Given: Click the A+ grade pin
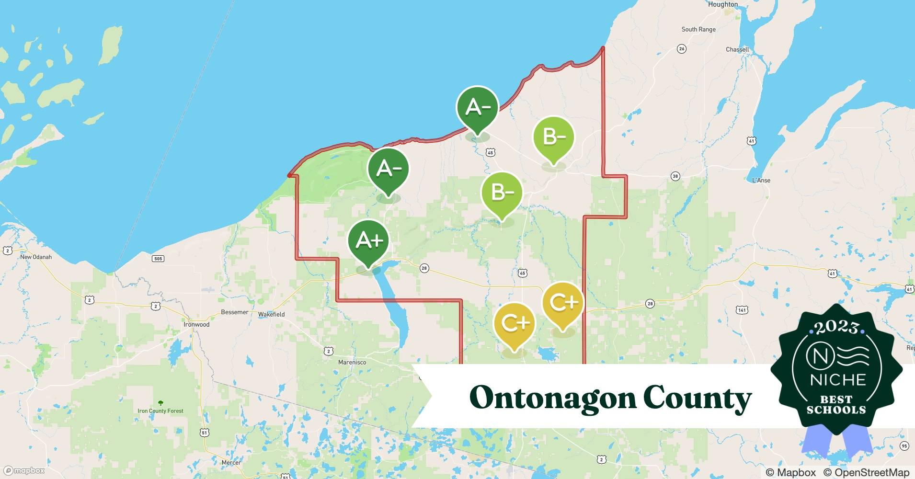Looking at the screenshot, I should point(368,241).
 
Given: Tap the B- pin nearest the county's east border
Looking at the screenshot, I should point(554,138).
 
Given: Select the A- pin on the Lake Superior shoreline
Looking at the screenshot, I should point(477,108).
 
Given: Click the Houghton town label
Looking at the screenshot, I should point(722,4).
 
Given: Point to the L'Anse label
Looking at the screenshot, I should point(761,180).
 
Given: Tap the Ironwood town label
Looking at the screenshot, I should point(196,324).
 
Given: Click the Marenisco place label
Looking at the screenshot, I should point(352,362).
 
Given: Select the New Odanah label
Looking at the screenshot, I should point(35,257).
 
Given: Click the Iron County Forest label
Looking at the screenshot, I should point(160,411).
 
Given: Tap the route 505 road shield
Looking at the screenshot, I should point(158,259).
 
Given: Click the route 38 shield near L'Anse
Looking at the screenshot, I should point(675,176).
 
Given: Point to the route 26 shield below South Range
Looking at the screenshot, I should point(681,49).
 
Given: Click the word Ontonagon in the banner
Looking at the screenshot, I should point(552,398).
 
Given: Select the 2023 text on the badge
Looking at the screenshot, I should point(836,327).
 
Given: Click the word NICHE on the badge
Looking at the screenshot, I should point(837,379).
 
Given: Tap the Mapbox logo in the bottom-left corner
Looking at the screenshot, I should point(24,470).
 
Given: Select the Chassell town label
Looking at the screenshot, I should point(737,49).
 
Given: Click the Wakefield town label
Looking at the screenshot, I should point(271,314).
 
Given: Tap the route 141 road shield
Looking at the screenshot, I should point(741,310).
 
